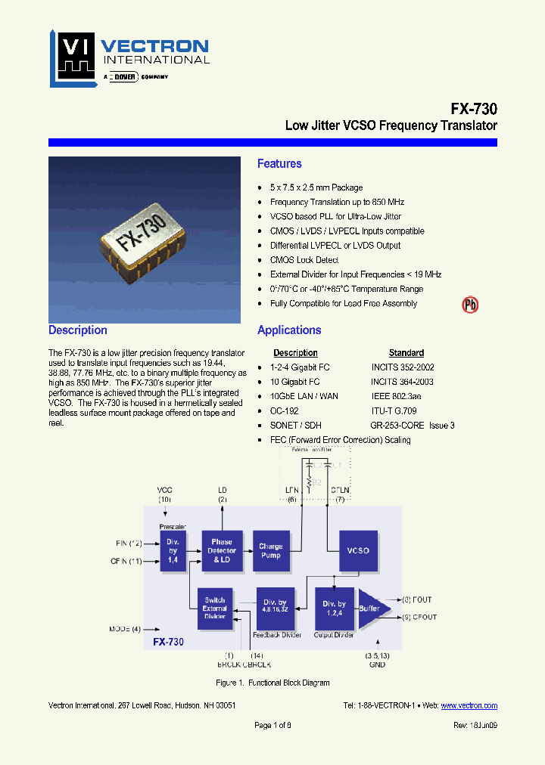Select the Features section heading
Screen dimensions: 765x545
pyautogui.click(x=279, y=164)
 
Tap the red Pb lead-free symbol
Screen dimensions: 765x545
pyautogui.click(x=470, y=305)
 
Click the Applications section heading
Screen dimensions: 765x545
pyautogui.click(x=289, y=330)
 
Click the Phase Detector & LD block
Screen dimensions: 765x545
pyautogui.click(x=221, y=550)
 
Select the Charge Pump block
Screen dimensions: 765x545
pyautogui.click(x=270, y=550)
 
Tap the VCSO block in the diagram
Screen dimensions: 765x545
pyautogui.click(x=357, y=550)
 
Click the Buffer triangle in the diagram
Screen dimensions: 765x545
pyautogui.click(x=372, y=608)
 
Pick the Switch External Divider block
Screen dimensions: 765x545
pyautogui.click(x=215, y=608)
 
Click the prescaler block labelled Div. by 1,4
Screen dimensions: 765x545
pyautogui.click(x=173, y=550)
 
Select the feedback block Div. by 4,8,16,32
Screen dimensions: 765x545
pyautogui.click(x=275, y=608)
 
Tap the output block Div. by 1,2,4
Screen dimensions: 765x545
pyautogui.click(x=334, y=608)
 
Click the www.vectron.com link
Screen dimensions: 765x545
pyautogui.click(x=469, y=705)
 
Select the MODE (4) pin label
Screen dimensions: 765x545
pyautogui.click(x=124, y=628)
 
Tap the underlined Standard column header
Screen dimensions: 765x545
pyautogui.click(x=406, y=353)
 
